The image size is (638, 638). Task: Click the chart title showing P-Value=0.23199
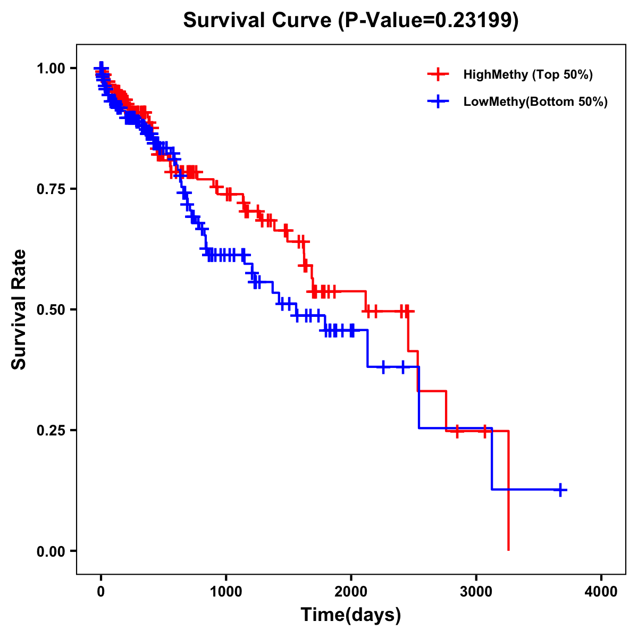click(350, 20)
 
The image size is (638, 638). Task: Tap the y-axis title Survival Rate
click(19, 309)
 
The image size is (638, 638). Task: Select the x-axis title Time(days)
click(350, 615)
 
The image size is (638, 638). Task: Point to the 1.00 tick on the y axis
click(51, 69)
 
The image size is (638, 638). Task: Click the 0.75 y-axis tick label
click(51, 189)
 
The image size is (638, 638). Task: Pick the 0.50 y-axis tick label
click(51, 309)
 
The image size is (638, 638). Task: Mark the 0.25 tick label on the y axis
click(51, 430)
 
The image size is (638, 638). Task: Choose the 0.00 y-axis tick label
click(51, 551)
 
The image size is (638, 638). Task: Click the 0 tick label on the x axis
click(101, 592)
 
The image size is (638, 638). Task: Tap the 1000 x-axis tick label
click(226, 592)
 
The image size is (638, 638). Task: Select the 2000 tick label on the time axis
click(351, 592)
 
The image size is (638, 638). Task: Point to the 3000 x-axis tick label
click(476, 592)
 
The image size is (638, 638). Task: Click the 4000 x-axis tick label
click(601, 592)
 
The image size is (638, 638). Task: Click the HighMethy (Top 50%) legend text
click(527, 74)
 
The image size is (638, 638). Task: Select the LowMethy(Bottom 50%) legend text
click(535, 102)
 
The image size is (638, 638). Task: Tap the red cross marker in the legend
click(438, 74)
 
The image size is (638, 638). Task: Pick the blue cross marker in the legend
click(438, 102)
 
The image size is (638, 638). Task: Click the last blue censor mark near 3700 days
click(560, 490)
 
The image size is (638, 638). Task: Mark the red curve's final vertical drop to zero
click(509, 492)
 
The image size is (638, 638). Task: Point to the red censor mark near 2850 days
click(457, 431)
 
